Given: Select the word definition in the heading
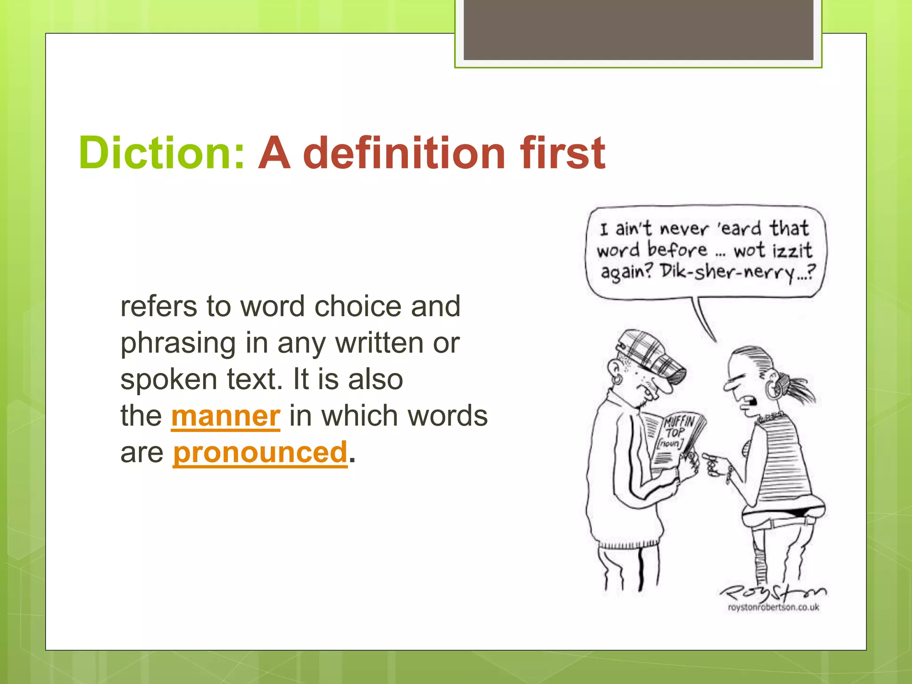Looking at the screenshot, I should [404, 153].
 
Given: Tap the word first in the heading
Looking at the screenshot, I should [562, 153].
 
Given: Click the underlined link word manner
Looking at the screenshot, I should [225, 416].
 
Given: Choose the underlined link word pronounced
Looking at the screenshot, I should [260, 452].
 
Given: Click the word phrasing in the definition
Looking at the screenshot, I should [178, 344].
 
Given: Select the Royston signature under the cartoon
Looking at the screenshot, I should [773, 591].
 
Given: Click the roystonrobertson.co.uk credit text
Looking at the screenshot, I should [774, 607].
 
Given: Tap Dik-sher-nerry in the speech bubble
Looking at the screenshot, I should [727, 272].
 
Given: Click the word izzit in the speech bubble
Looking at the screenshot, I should [792, 250].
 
